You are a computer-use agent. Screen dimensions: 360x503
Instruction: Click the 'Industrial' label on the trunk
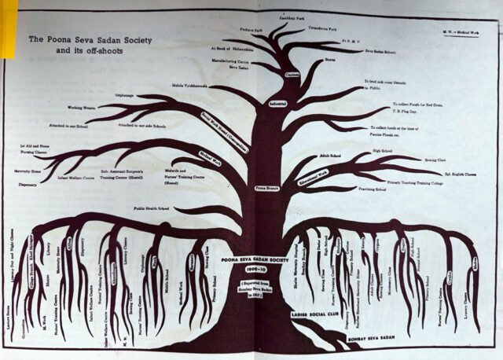pyautogui.click(x=277, y=102)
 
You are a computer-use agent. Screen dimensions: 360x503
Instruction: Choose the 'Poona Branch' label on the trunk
pyautogui.click(x=267, y=189)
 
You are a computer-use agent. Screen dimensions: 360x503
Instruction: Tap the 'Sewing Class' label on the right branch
pyautogui.click(x=429, y=156)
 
